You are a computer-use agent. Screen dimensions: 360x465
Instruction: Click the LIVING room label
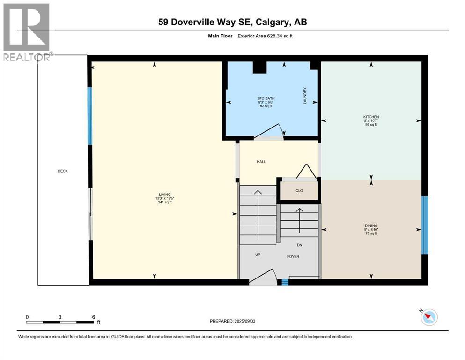tap(164, 194)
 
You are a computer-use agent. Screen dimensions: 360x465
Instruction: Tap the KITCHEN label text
tap(371, 117)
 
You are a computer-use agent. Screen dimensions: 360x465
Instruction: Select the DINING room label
tap(371, 225)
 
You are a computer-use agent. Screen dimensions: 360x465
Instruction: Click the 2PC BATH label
tap(266, 98)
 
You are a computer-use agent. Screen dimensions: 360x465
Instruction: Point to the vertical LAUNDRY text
tap(305, 96)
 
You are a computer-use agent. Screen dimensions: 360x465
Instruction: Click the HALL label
tap(261, 162)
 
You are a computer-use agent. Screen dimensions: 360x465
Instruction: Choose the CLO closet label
tap(299, 191)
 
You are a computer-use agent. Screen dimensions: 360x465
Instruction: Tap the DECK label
tap(63, 171)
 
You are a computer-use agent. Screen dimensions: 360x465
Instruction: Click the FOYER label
tap(293, 256)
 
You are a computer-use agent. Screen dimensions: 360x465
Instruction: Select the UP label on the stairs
tap(258, 255)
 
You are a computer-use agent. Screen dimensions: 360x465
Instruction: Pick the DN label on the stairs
tap(300, 245)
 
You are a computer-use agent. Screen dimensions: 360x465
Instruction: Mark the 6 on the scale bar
tap(93, 317)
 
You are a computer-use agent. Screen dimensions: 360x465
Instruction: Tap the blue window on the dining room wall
tap(424, 225)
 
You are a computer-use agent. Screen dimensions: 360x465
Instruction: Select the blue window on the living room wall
tap(90, 116)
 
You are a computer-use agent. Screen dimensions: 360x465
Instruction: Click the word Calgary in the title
tap(273, 22)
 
